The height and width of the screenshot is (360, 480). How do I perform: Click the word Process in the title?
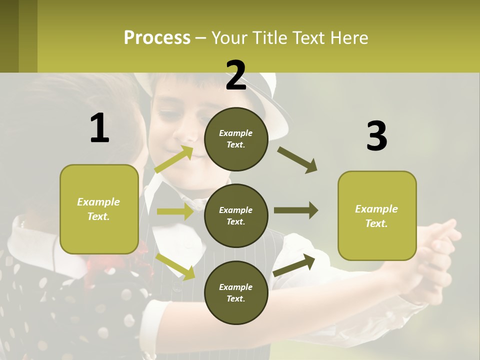[x=157, y=38]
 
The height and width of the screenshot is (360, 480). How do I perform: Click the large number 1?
[x=99, y=128]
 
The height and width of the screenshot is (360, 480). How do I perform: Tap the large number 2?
[x=236, y=75]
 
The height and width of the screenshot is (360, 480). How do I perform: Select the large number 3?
[x=376, y=136]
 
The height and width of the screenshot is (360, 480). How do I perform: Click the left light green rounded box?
[x=99, y=209]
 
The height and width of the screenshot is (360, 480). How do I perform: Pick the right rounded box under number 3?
[x=377, y=215]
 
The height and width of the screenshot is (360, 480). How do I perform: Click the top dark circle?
[x=236, y=139]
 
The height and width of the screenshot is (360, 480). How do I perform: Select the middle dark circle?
[x=236, y=215]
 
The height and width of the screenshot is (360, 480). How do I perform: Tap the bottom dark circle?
[x=236, y=292]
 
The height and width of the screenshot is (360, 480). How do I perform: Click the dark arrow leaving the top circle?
[x=297, y=159]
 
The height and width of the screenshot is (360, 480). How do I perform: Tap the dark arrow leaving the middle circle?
[x=295, y=210]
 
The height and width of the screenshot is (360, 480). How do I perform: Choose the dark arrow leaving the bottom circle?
[x=294, y=265]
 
